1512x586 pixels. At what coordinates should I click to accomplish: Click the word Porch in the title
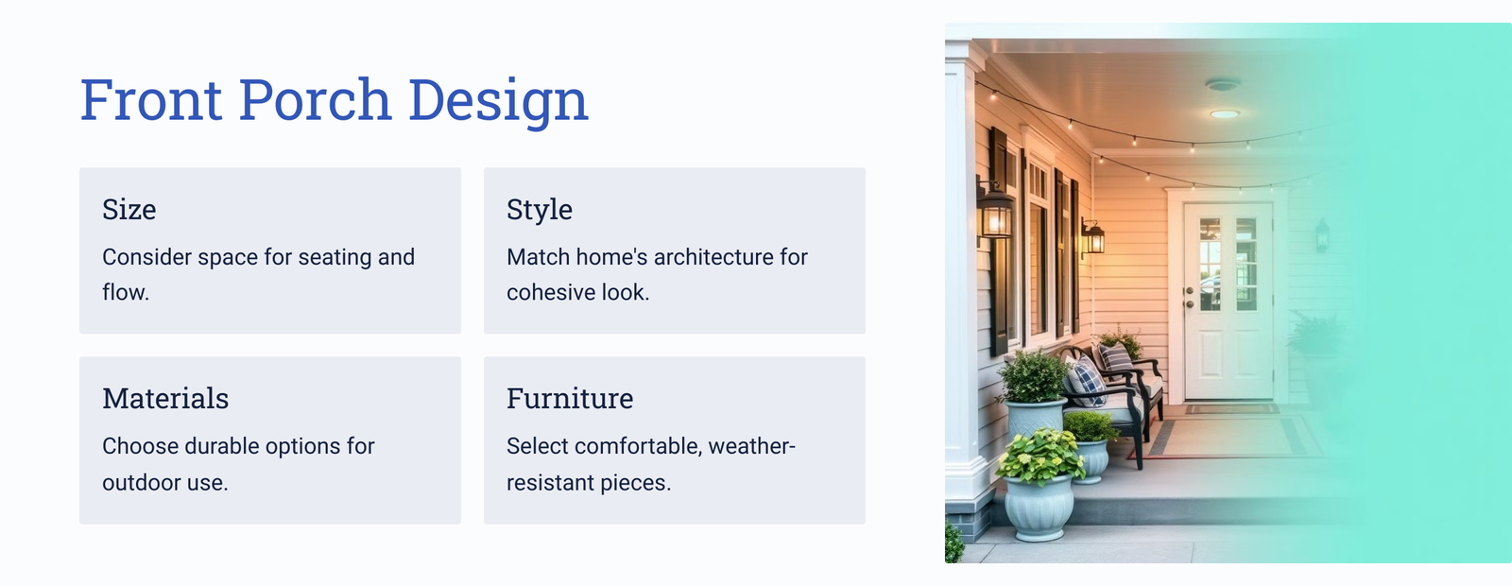tap(316, 99)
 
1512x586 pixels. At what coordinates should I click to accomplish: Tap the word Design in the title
tap(498, 101)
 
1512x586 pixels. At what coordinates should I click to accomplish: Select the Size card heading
tap(129, 209)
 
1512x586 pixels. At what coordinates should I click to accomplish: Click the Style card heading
tap(540, 210)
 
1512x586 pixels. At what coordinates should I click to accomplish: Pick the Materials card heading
tap(165, 398)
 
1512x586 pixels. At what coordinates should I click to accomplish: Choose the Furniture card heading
tap(570, 398)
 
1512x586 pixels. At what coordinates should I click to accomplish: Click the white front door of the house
tap(1228, 301)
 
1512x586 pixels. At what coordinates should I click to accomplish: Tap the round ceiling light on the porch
tap(1224, 114)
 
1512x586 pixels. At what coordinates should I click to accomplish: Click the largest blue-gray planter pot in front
tap(1039, 507)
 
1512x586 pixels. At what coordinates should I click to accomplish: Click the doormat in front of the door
tap(1231, 409)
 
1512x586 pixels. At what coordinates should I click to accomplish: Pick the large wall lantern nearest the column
tap(995, 211)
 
